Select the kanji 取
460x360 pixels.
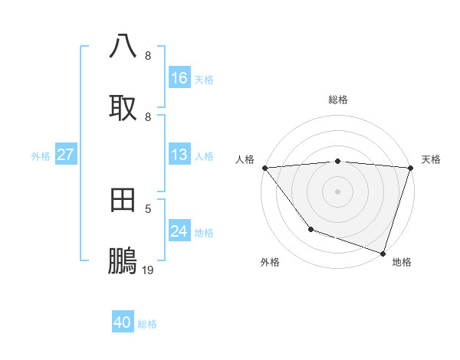pyautogui.click(x=123, y=107)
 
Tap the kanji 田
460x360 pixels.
pyautogui.click(x=123, y=200)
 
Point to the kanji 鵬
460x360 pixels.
pyautogui.click(x=123, y=261)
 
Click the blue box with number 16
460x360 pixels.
pyautogui.click(x=179, y=78)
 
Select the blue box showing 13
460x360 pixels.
pyautogui.click(x=179, y=155)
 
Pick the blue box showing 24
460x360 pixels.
pyautogui.click(x=179, y=231)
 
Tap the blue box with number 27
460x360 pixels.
pyautogui.click(x=66, y=155)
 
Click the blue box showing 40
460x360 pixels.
pyautogui.click(x=123, y=322)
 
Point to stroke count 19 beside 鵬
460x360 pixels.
pyautogui.click(x=148, y=270)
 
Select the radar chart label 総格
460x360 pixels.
pyautogui.click(x=338, y=100)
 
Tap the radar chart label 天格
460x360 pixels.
pyautogui.click(x=431, y=159)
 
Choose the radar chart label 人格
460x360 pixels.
pyautogui.click(x=245, y=159)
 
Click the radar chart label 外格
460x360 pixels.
pyautogui.click(x=270, y=262)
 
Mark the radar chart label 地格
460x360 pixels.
pyautogui.click(x=402, y=262)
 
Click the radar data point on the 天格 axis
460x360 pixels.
pyautogui.click(x=411, y=168)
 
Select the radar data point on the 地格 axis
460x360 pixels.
pyautogui.click(x=383, y=253)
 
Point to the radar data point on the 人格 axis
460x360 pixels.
pyautogui.click(x=264, y=168)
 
